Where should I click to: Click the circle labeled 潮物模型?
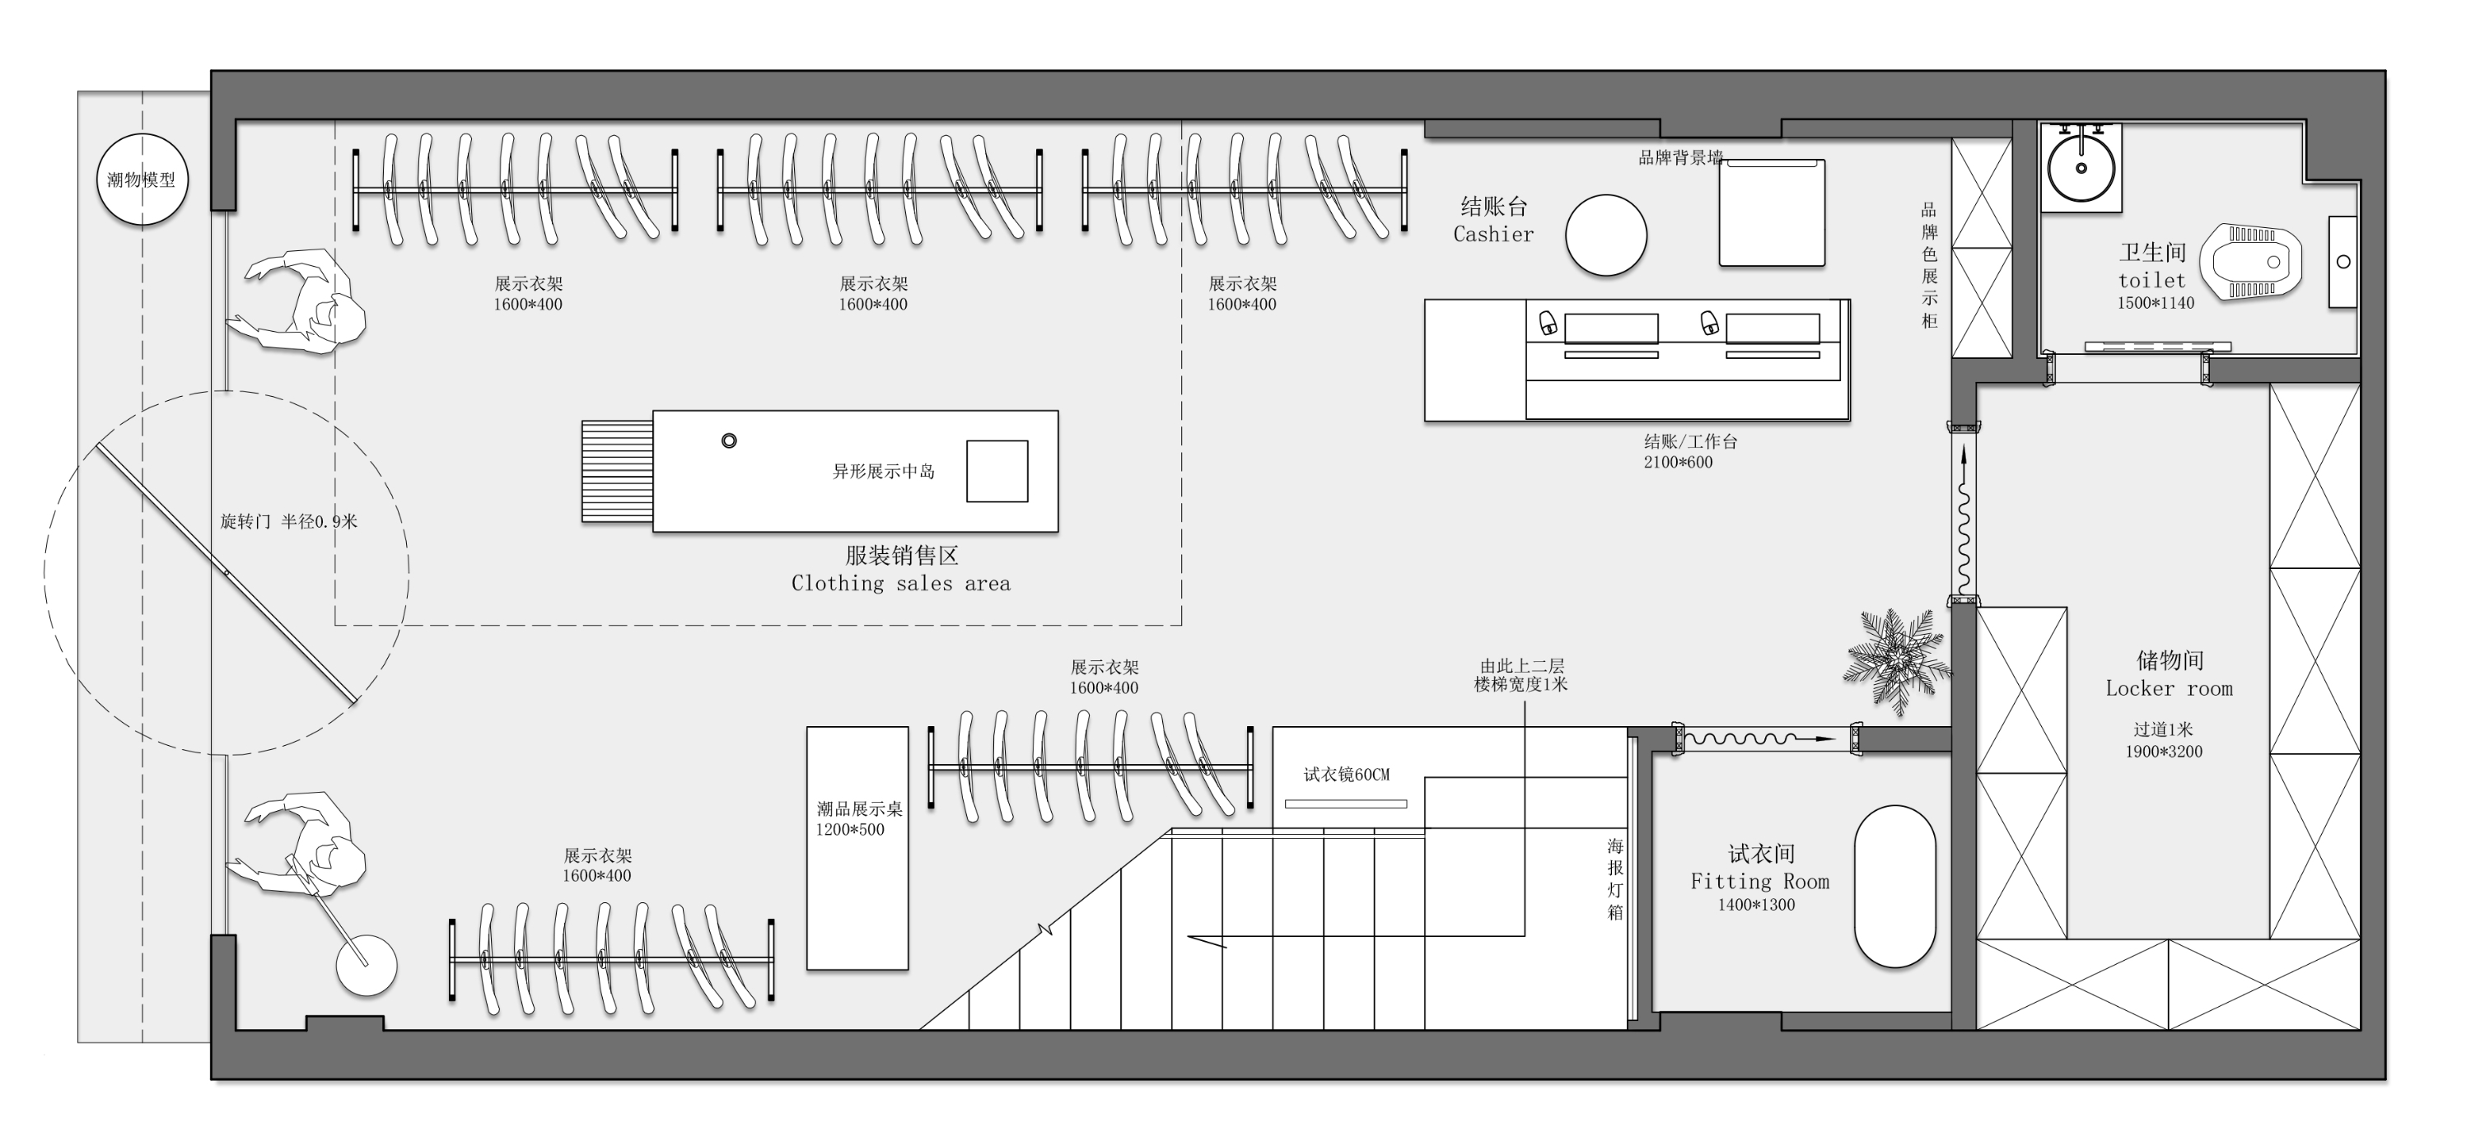[x=142, y=180]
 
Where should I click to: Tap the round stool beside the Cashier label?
[x=1606, y=235]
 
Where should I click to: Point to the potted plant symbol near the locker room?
[x=1896, y=659]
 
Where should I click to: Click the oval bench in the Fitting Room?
[x=1894, y=886]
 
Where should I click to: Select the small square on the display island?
[x=997, y=471]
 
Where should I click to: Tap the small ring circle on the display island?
[x=729, y=441]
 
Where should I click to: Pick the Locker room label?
[x=2169, y=688]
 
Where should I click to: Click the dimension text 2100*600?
[x=1678, y=462]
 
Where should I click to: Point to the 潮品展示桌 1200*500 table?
[x=857, y=848]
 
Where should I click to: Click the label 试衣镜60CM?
[x=1346, y=774]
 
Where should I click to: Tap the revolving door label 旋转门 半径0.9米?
[x=287, y=522]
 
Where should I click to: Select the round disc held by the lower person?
[x=367, y=966]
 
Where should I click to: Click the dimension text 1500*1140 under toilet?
[x=2156, y=303]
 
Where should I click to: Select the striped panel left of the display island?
[x=617, y=471]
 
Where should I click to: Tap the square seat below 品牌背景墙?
[x=1771, y=213]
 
